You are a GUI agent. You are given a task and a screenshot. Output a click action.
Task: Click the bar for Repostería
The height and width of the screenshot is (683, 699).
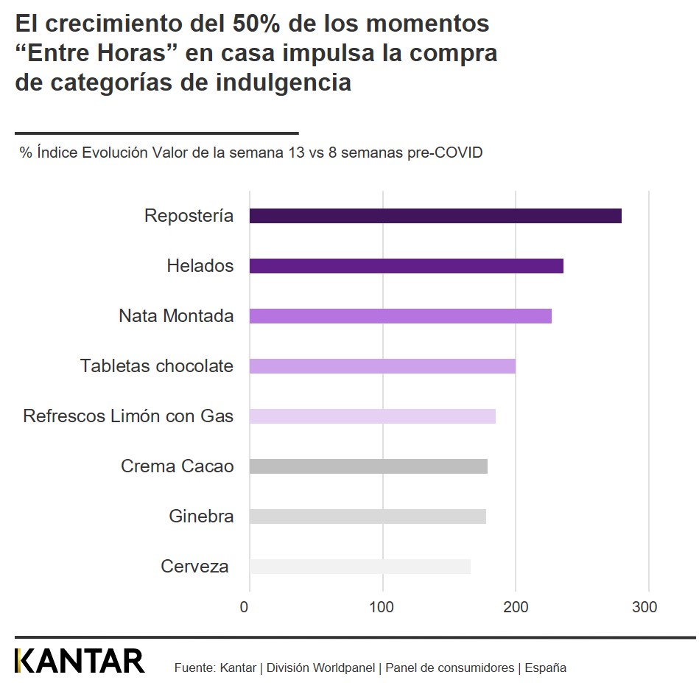[435, 216]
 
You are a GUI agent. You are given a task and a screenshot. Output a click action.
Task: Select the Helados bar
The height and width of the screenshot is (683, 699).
[406, 266]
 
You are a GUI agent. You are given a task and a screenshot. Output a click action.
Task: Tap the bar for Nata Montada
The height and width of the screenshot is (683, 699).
[400, 316]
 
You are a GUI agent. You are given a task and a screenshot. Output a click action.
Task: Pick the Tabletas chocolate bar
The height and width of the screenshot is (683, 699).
[382, 366]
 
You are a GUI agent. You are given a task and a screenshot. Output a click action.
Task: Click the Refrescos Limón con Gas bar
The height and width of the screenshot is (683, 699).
[372, 416]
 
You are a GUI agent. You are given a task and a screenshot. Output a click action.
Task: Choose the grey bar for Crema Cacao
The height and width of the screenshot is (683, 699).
[368, 466]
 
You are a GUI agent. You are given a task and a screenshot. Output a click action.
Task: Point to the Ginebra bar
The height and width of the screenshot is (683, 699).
[368, 516]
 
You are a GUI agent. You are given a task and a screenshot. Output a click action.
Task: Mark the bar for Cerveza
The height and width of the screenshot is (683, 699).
[359, 567]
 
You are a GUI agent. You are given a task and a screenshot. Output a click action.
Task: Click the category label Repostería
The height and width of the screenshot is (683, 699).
[189, 216]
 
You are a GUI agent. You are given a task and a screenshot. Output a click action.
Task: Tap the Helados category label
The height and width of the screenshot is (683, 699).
[200, 266]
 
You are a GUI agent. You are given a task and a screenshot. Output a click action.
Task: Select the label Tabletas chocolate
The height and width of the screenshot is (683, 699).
[156, 366]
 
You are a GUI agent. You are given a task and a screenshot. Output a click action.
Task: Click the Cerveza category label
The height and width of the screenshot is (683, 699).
[194, 567]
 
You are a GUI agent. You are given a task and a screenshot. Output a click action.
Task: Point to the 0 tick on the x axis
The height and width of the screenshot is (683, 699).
[245, 607]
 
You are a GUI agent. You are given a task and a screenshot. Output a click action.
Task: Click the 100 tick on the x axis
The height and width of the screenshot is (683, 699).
[382, 607]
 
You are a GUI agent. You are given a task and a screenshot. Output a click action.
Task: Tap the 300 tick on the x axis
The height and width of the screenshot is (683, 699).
[644, 607]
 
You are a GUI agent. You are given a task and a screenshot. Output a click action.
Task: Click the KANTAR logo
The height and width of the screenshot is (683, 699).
[80, 661]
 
